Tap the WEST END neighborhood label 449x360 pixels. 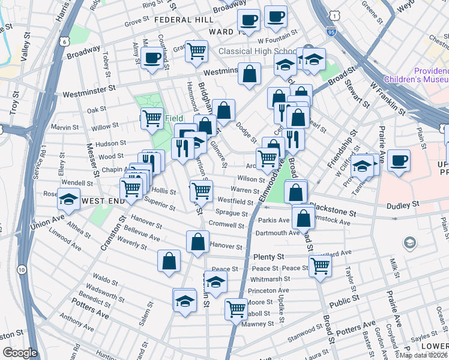[103, 200]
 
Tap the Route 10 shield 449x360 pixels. [22, 271]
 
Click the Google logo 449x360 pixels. [19, 353]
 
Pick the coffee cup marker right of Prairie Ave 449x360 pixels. [399, 160]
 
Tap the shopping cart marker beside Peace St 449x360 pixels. [321, 265]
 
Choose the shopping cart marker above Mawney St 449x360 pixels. [236, 308]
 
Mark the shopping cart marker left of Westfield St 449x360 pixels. [201, 190]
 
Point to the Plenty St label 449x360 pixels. [268, 256]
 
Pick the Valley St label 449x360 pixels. [25, 44]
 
